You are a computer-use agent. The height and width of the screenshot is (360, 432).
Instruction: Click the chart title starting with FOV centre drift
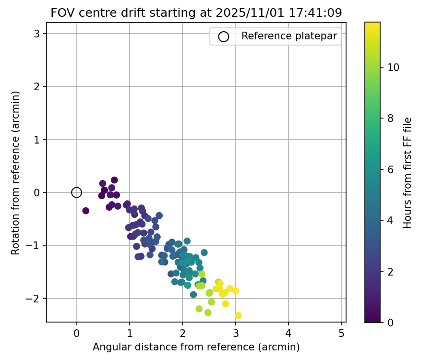(196, 13)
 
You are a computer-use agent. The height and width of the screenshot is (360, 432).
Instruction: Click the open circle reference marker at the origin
(76, 192)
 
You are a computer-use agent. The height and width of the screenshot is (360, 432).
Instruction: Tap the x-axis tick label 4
(288, 332)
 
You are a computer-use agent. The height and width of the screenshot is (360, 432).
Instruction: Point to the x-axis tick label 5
(341, 332)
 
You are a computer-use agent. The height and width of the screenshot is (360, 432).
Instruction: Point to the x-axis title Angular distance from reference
(196, 347)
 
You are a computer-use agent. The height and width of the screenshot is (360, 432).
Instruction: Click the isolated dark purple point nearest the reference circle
(85, 211)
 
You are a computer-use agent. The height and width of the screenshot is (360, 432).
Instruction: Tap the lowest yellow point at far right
(238, 315)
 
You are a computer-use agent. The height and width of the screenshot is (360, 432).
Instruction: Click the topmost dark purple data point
(114, 180)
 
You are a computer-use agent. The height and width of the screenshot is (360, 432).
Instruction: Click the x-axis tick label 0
(76, 332)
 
